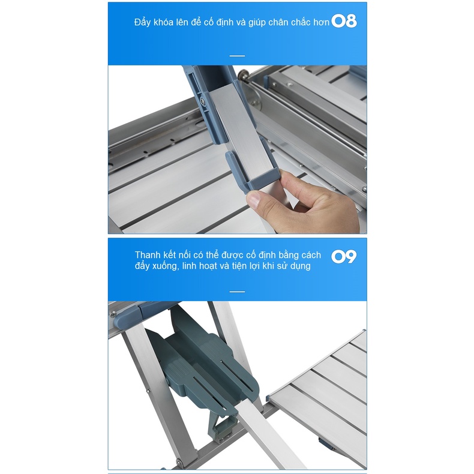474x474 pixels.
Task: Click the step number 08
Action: coord(344,21)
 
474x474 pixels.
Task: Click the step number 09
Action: coord(344,257)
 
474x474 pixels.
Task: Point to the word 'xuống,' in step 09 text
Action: coord(166,266)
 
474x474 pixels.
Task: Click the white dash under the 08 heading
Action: coord(238,56)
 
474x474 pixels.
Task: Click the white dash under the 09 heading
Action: coord(238,292)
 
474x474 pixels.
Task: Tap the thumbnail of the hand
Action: coord(254,200)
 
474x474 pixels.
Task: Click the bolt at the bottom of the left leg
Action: coord(179,462)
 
